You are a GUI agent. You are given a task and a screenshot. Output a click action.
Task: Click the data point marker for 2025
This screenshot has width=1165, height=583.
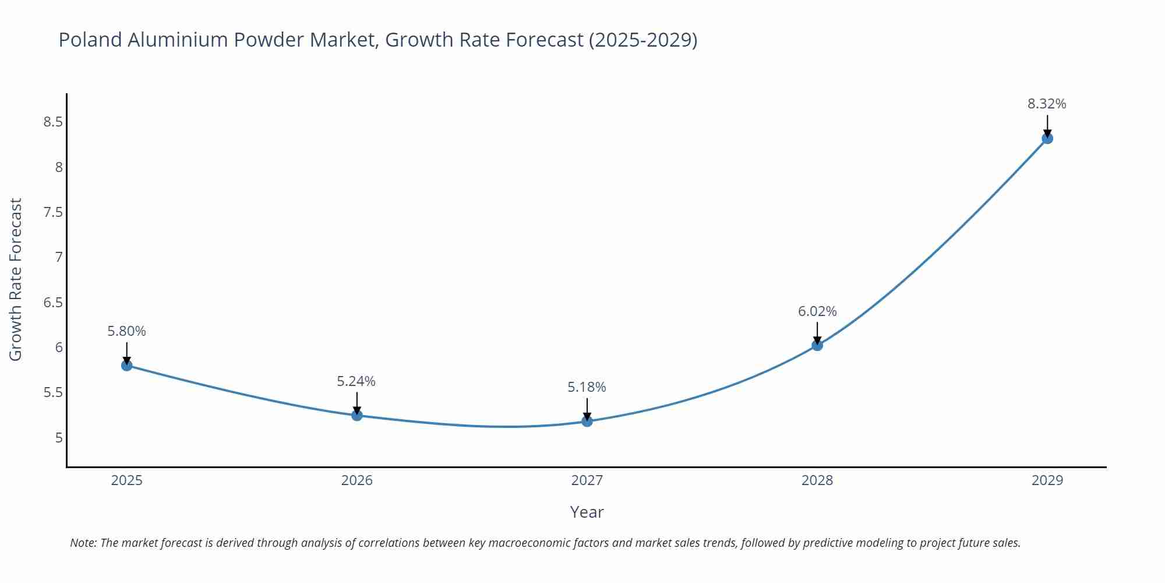126,366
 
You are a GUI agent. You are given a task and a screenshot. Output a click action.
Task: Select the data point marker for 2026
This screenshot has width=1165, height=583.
357,416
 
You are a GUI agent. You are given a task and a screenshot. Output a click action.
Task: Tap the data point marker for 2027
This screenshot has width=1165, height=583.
587,421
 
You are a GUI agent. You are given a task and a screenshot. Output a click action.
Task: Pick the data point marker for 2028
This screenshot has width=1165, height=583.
817,345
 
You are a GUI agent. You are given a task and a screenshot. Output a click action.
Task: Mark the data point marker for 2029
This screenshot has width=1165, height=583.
1047,138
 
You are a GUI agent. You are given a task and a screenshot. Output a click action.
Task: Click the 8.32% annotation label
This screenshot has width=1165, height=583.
1047,104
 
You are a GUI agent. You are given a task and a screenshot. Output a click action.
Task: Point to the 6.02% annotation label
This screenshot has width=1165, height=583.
817,311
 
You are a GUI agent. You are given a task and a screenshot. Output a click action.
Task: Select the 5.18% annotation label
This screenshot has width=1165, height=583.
587,387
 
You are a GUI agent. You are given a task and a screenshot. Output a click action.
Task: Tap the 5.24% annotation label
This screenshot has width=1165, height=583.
356,381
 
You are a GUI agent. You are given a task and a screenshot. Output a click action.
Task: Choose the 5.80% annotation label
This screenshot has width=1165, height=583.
126,331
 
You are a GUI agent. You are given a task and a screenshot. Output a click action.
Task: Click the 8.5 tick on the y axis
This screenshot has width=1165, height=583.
52,122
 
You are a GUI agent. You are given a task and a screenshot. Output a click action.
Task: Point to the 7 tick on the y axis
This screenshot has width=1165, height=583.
58,257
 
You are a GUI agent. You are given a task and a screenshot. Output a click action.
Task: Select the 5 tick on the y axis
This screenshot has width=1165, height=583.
58,438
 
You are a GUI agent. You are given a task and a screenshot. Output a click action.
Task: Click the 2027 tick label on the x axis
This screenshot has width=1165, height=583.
587,480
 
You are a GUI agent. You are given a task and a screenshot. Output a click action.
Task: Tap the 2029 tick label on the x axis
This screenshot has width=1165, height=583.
1047,480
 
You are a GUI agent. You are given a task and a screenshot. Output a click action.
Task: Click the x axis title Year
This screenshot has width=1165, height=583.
587,512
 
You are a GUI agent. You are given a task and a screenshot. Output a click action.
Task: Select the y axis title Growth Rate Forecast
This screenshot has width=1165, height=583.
16,280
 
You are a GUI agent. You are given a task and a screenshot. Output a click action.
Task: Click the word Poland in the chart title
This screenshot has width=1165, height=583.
90,40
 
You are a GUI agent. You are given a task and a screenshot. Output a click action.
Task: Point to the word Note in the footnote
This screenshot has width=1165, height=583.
83,543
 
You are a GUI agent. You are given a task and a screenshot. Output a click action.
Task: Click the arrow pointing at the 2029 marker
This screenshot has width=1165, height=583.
1047,125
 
